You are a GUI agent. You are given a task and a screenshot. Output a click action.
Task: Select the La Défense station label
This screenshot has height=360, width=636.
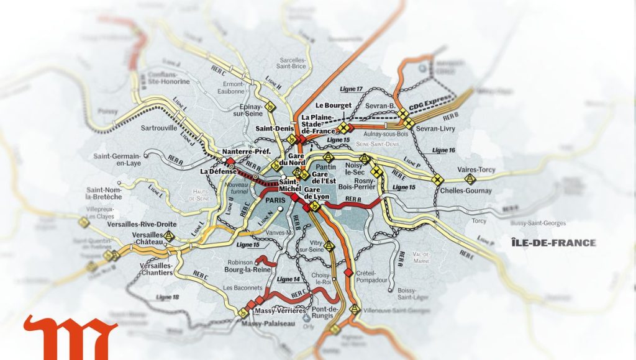217,171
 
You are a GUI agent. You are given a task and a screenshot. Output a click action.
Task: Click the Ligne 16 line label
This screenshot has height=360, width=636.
443,150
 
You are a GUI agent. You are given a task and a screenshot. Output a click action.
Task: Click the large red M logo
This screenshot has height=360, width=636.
70,338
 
